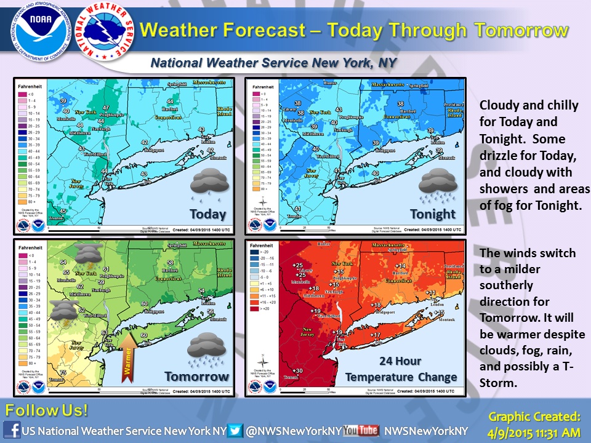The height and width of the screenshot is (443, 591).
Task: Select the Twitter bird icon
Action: pos(236,431)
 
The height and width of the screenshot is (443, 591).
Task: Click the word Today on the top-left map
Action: pos(208,215)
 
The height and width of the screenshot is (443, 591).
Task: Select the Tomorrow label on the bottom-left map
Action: pos(197,377)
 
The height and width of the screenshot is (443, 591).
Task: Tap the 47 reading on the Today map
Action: pos(106,108)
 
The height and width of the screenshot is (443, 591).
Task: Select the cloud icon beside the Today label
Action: pos(209,185)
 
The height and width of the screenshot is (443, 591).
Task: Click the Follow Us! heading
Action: pos(46,410)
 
